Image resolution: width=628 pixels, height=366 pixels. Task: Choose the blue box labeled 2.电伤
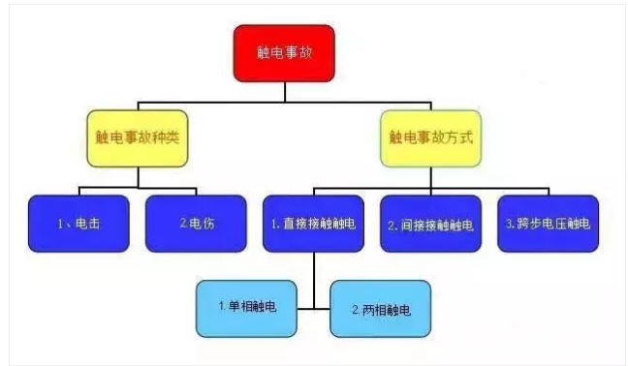pos(196,224)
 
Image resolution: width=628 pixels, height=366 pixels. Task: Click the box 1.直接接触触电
pos(314,224)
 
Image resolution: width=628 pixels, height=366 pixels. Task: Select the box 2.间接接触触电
pos(431,224)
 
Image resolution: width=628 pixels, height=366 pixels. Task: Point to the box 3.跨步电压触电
pos(548,224)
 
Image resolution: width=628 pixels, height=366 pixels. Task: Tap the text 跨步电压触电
pos(553,225)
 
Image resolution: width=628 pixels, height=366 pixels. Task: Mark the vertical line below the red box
pos(284,91)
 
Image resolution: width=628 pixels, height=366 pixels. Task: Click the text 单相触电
pos(251,307)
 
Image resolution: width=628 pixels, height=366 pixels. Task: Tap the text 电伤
pos(201,225)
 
